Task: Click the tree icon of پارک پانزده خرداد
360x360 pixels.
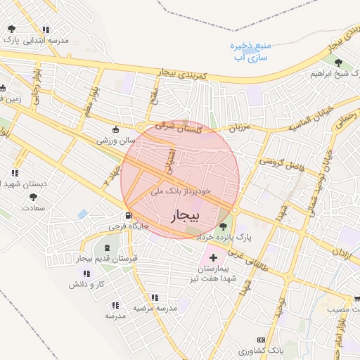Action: click(224, 226)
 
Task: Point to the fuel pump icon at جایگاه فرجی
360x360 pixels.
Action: click(128, 216)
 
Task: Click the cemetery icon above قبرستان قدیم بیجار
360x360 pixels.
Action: click(107, 247)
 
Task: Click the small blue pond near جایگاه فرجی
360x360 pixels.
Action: click(83, 214)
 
